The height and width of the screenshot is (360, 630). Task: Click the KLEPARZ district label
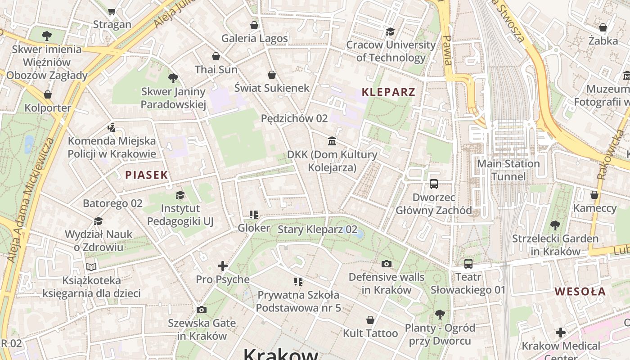tap(388, 92)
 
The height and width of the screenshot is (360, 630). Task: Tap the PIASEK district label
tap(146, 175)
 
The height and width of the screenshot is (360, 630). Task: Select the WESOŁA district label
tap(580, 291)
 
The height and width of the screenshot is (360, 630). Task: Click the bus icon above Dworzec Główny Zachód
tap(434, 184)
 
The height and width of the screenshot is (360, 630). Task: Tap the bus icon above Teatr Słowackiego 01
tap(468, 264)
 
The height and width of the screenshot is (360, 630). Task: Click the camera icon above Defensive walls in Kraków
tap(386, 264)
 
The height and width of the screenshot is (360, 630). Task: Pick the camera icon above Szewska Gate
tap(202, 310)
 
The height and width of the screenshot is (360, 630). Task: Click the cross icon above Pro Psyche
tap(222, 266)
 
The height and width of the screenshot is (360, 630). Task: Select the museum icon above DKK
tap(332, 141)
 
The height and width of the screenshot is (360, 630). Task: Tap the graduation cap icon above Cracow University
tap(390, 31)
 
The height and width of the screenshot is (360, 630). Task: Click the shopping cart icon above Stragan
tap(112, 11)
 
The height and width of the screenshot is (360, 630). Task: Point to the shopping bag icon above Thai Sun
tap(216, 56)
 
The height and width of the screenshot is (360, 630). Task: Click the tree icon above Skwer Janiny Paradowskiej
tap(173, 78)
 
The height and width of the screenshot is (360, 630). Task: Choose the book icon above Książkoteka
tap(91, 267)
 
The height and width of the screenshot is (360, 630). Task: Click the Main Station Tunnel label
tap(508, 170)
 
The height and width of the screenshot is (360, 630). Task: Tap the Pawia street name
tap(447, 49)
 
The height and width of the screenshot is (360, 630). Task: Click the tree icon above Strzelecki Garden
tap(555, 225)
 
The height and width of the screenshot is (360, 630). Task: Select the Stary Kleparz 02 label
tap(317, 229)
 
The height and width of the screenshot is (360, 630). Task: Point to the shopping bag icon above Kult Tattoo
tap(370, 320)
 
